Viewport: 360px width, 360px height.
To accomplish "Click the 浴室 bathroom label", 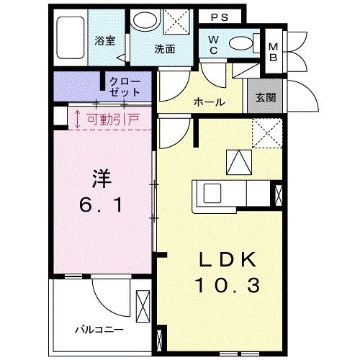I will pyautogui.click(x=106, y=40).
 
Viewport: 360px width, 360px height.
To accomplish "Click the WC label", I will pyautogui.click(x=215, y=45).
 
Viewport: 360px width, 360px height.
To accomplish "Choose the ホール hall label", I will pyautogui.click(x=210, y=102).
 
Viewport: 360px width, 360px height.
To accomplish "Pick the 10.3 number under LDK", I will pyautogui.click(x=223, y=286).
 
